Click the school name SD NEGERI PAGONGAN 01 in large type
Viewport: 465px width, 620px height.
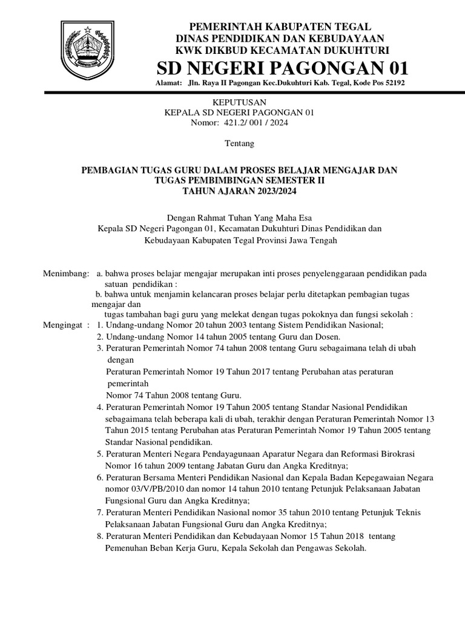click(x=283, y=66)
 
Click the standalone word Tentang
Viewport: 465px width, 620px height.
click(x=239, y=144)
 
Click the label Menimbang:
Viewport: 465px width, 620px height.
click(x=66, y=274)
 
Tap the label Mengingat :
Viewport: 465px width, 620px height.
click(x=66, y=325)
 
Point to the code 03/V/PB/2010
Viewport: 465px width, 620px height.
click(x=154, y=489)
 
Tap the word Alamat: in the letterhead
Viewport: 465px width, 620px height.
click(x=169, y=83)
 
